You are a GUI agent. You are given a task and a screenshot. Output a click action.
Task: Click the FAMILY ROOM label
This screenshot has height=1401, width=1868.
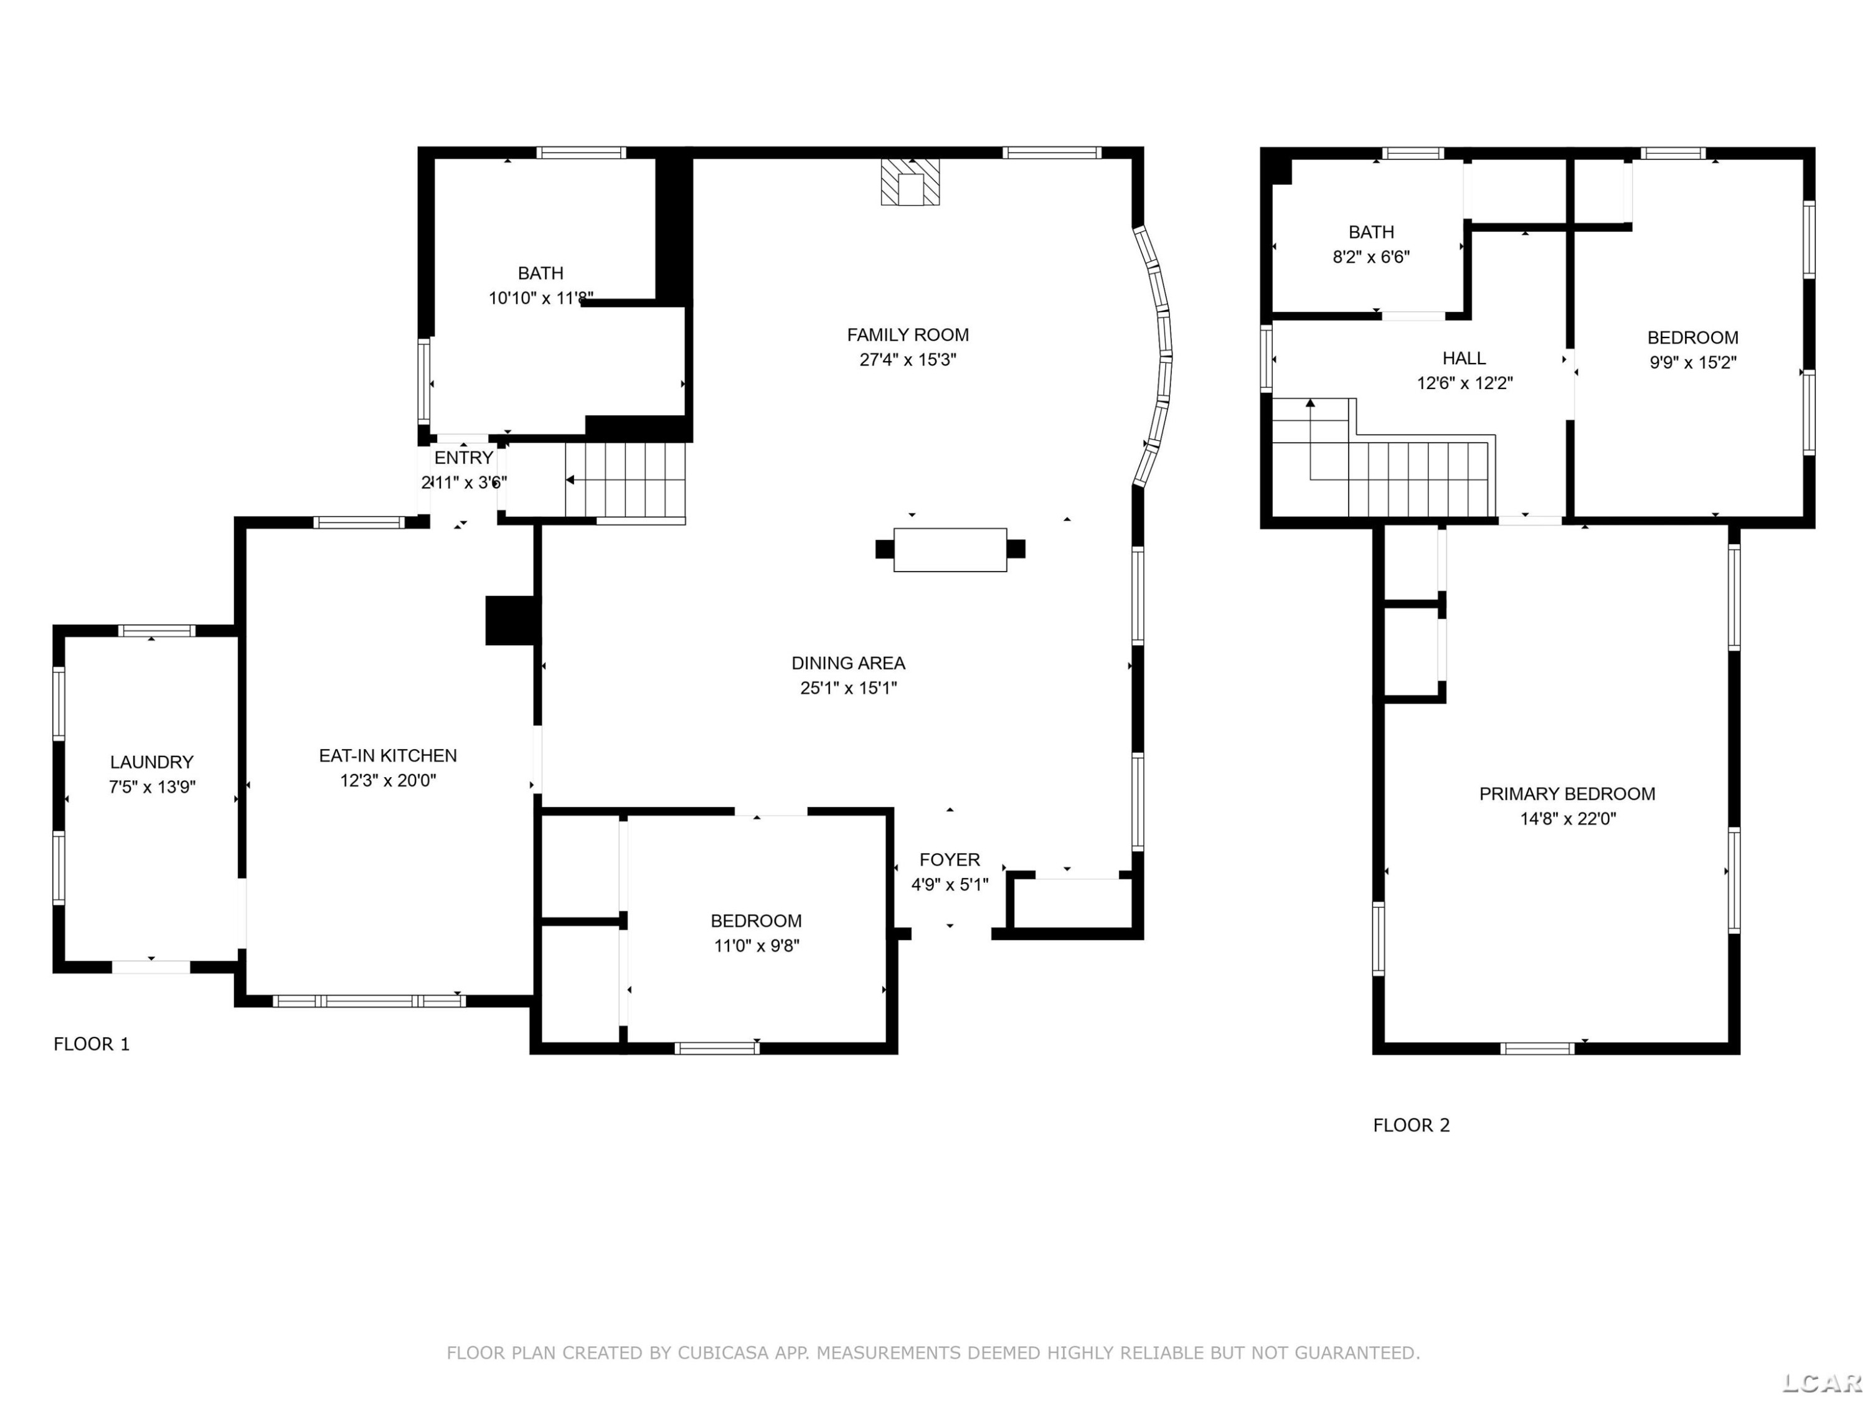tap(908, 334)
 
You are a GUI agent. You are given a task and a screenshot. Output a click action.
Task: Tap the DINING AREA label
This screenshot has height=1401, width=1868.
tap(848, 663)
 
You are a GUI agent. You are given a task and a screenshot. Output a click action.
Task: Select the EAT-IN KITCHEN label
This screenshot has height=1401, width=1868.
tap(388, 756)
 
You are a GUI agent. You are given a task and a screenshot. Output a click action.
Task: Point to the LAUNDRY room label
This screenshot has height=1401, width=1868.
tap(152, 762)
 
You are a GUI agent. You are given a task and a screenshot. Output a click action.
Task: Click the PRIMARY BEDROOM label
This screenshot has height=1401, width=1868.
tap(1567, 794)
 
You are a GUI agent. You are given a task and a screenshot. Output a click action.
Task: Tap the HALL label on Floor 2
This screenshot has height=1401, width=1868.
tap(1465, 358)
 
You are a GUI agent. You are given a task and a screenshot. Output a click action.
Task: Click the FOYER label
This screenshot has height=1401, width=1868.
tap(950, 860)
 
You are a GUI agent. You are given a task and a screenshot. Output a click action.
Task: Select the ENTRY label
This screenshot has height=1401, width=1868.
tap(464, 458)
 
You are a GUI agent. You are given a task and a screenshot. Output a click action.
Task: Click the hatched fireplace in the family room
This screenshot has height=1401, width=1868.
tap(910, 182)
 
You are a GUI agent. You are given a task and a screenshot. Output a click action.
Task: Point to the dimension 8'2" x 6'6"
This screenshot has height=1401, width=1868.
tap(1372, 257)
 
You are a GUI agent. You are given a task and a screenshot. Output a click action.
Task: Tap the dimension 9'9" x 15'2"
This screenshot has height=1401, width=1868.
tap(1693, 362)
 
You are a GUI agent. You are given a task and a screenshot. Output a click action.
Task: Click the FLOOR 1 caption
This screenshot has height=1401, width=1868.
tap(92, 1044)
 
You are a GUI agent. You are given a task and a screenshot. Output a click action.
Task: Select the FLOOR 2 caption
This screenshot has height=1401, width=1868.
tap(1411, 1125)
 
